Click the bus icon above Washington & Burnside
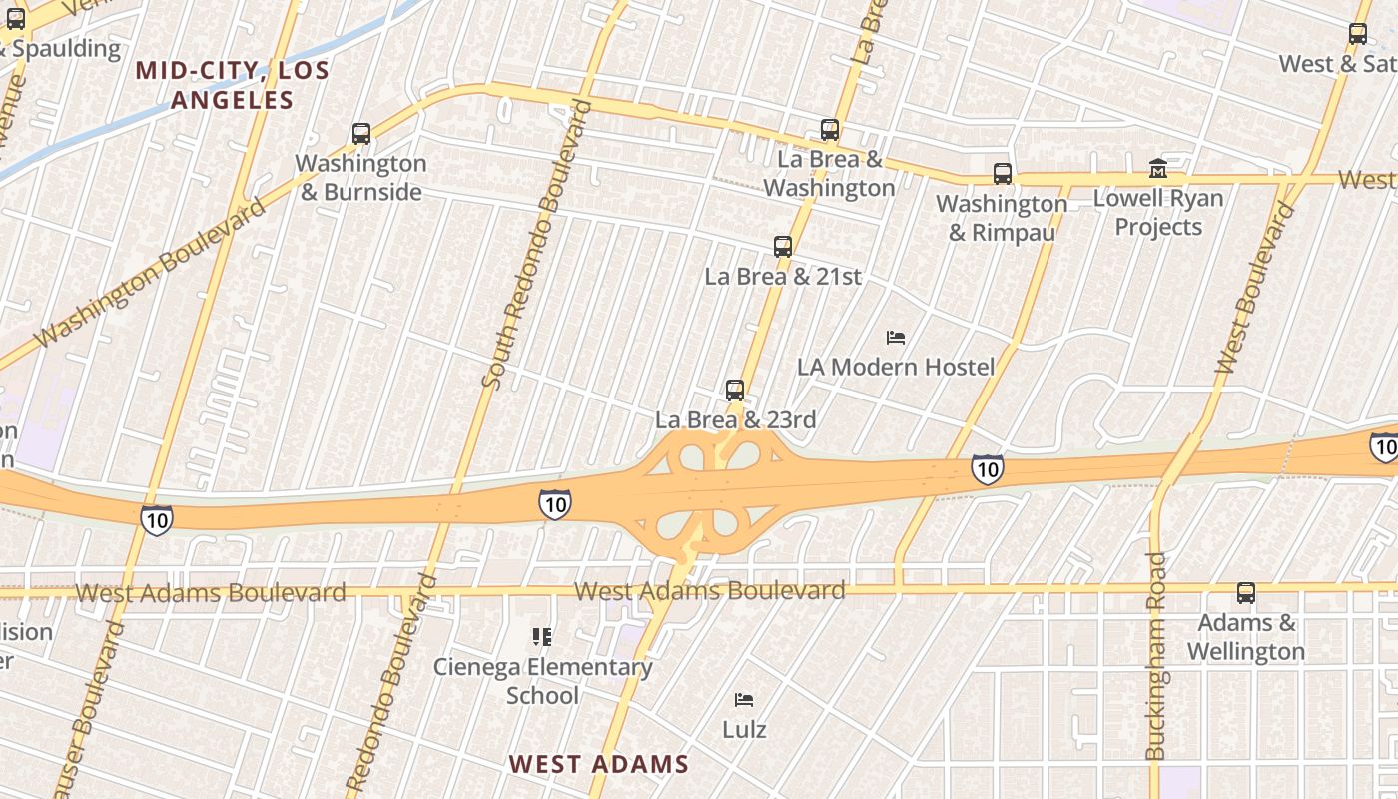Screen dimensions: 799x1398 click(x=361, y=133)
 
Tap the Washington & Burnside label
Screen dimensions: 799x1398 click(x=360, y=178)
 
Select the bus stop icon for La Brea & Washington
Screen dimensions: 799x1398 click(x=829, y=129)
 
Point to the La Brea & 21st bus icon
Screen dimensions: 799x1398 click(x=783, y=246)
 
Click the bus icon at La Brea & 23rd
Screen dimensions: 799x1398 click(x=735, y=390)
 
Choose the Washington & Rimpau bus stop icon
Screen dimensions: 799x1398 click(x=1003, y=173)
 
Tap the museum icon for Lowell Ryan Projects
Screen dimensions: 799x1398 click(x=1158, y=168)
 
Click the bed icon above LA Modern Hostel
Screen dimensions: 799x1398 click(x=896, y=338)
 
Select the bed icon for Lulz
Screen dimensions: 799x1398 click(x=744, y=699)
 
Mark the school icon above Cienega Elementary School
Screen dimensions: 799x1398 click(x=542, y=636)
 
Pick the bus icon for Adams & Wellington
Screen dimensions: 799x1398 click(x=1246, y=592)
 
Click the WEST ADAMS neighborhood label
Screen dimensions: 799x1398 click(x=599, y=764)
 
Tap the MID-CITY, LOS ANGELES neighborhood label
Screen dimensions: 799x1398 click(x=232, y=85)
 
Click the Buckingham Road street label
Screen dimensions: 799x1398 click(x=1156, y=656)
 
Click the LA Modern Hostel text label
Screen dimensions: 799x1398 click(x=896, y=367)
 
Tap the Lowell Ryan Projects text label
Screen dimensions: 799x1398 click(x=1158, y=212)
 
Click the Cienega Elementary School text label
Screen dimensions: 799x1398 click(x=542, y=681)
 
